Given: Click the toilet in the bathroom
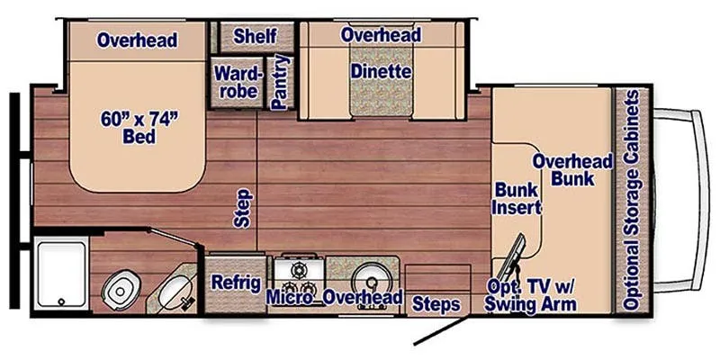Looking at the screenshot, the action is pos(118,289).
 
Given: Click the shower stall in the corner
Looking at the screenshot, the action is pos(61,274).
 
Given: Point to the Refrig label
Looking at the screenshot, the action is pos(236,283).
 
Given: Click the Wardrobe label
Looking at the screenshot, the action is pos(237,82).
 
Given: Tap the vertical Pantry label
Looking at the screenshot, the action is pos(280,82).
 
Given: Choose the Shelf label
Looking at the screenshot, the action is pos(255,36).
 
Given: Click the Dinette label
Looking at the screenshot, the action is pos(381,72).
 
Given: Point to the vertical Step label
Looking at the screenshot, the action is pos(243,208).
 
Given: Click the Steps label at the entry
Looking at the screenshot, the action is pos(436,304).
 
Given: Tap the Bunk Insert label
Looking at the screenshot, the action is pos(517,198).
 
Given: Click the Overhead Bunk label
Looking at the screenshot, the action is pos(572,170).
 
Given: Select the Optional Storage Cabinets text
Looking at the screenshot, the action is pos(632,200).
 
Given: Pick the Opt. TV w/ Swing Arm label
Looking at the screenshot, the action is pos(531,295).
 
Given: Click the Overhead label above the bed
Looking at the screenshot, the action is pos(137,40).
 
